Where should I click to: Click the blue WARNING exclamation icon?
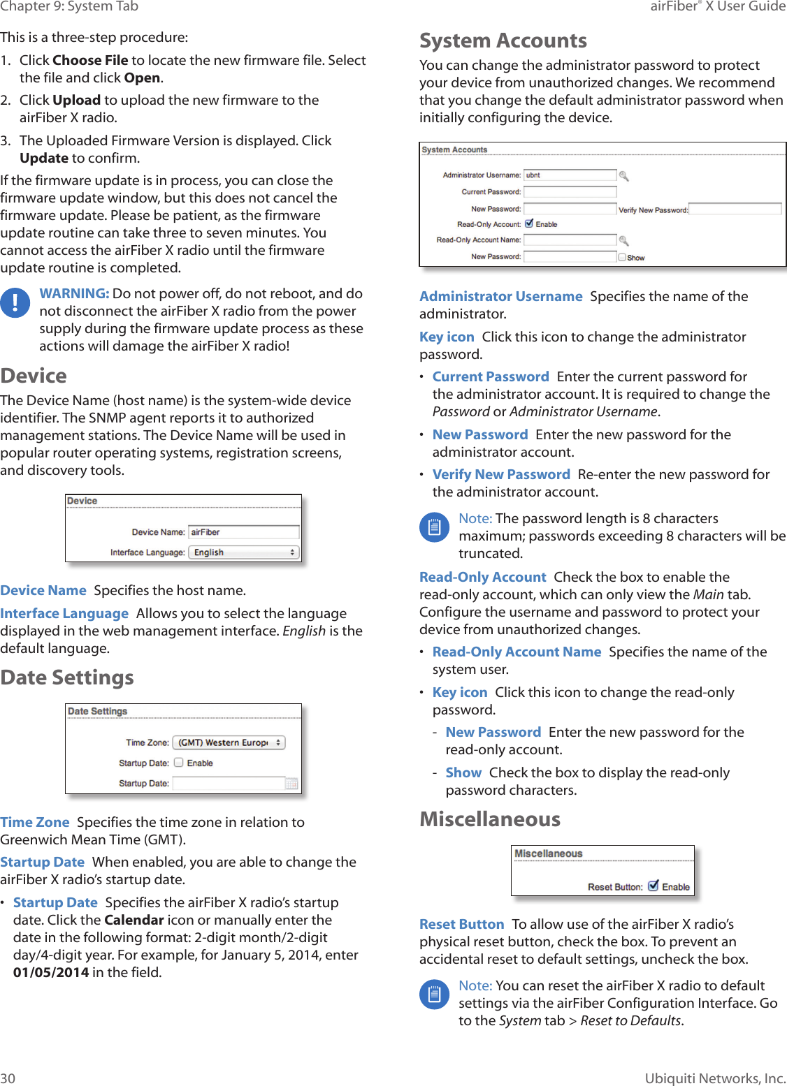pyautogui.click(x=15, y=303)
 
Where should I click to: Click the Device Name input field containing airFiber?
pyautogui.click(x=243, y=532)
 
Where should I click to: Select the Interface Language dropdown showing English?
pyautogui.click(x=243, y=552)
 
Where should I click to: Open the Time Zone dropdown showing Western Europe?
pyautogui.click(x=229, y=742)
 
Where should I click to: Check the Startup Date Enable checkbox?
pyautogui.click(x=179, y=763)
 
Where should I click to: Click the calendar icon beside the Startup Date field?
pyautogui.click(x=292, y=784)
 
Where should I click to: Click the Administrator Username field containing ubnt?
pyautogui.click(x=570, y=175)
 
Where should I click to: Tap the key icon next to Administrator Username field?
pyautogui.click(x=624, y=176)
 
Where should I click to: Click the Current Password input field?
pyautogui.click(x=570, y=192)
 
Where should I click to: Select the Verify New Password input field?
pyautogui.click(x=735, y=210)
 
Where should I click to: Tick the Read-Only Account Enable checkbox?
pyautogui.click(x=529, y=224)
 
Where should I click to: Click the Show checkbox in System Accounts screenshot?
pyautogui.click(x=622, y=257)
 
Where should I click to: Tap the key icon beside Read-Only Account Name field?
pyautogui.click(x=624, y=240)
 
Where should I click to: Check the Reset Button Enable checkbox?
pyautogui.click(x=653, y=886)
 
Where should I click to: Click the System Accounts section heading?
pyautogui.click(x=503, y=41)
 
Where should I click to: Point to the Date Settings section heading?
pyautogui.click(x=67, y=677)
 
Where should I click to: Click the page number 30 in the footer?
pyautogui.click(x=8, y=1078)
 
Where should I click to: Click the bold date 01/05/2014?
pyautogui.click(x=51, y=972)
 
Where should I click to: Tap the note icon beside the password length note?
pyautogui.click(x=434, y=527)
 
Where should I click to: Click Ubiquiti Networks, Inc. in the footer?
pyautogui.click(x=714, y=1078)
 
